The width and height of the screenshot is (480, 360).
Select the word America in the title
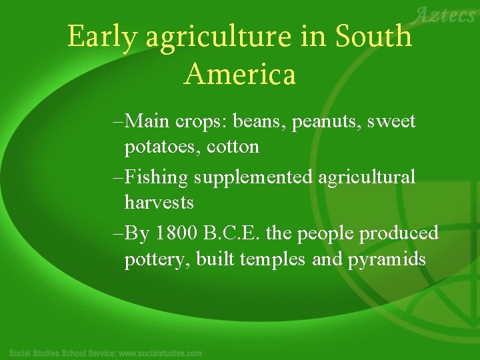(240, 74)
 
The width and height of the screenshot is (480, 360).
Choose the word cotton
(233, 147)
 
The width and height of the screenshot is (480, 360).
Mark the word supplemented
(254, 178)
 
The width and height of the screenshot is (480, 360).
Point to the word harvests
(159, 202)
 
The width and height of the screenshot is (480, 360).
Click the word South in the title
(373, 37)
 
